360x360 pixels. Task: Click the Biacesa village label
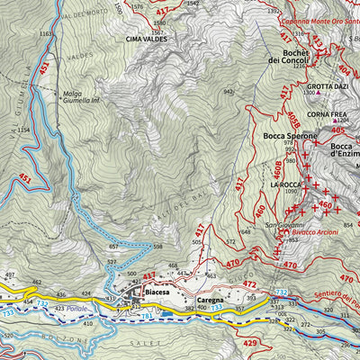tap(157, 292)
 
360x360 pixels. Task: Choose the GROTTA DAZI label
tap(328, 85)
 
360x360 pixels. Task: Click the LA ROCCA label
tap(283, 184)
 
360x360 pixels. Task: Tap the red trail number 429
tap(249, 344)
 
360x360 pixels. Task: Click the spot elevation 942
tap(229, 91)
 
